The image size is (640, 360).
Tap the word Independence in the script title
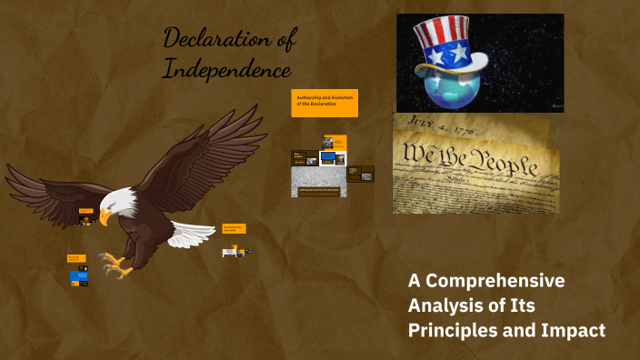tap(227, 69)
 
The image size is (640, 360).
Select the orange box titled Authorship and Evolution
tap(325, 103)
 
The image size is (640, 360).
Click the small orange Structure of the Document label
tap(234, 228)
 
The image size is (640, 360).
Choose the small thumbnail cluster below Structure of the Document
tap(236, 251)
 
